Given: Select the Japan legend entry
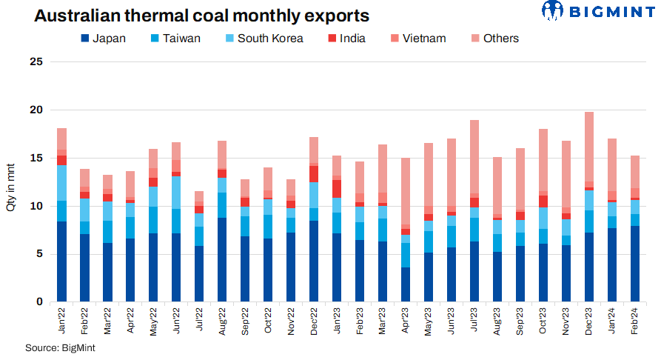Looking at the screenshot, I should (103, 39).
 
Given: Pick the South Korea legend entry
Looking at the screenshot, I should (262, 39).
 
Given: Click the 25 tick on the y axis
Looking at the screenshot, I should (35, 61).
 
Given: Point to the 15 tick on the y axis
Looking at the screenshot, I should (35, 158).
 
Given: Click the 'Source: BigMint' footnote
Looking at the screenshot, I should (61, 347).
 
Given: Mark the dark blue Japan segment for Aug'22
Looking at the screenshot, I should (222, 259).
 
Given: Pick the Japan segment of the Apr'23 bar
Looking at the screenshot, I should (406, 284).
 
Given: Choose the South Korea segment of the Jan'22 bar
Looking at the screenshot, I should (61, 183).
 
